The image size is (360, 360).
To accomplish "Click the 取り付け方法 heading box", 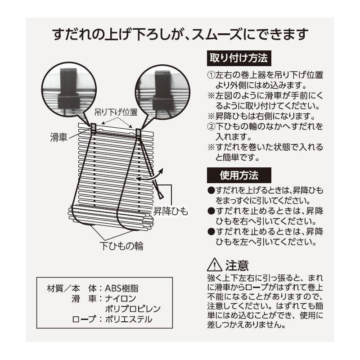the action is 239,58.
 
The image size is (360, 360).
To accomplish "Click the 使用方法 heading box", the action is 239,175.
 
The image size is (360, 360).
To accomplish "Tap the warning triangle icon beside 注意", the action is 215,265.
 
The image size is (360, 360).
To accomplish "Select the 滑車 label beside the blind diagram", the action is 58,137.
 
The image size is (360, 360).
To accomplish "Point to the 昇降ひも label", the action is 171,211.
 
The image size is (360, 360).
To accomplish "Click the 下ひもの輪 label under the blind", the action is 121,246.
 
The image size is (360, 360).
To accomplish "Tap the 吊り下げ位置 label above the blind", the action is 116,112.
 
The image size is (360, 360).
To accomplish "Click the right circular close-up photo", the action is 163,91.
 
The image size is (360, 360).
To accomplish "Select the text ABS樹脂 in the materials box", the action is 121,288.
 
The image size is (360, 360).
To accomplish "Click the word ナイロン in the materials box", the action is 121,298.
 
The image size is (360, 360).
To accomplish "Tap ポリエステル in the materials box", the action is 129,319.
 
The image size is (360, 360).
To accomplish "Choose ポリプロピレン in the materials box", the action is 133,309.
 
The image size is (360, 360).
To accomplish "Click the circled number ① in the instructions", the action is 211,75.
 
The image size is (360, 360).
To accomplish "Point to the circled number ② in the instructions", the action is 211,126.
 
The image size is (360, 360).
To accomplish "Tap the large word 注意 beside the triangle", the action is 237,265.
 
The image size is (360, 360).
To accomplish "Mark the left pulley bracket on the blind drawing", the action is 94,128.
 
